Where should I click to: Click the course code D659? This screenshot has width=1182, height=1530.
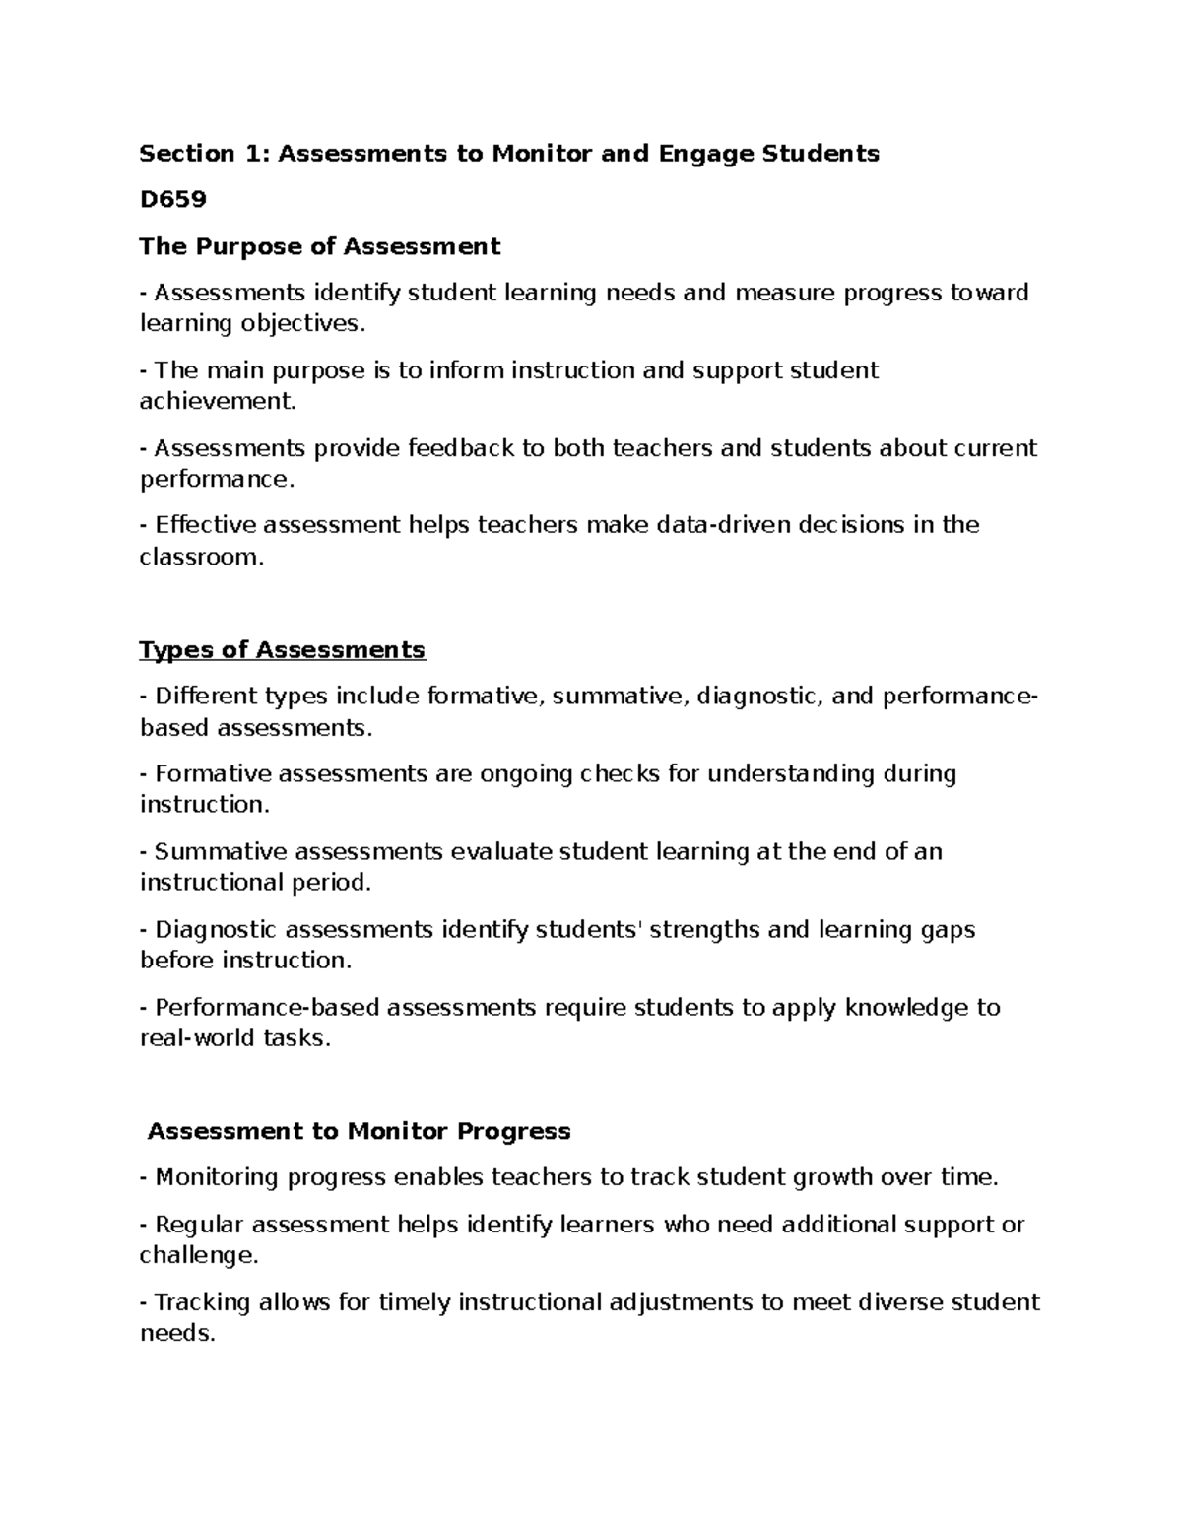[x=173, y=200]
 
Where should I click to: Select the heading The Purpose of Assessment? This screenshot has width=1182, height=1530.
[x=320, y=246]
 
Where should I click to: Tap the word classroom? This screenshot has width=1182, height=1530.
[x=201, y=557]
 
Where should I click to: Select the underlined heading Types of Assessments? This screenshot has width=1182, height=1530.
[x=283, y=650]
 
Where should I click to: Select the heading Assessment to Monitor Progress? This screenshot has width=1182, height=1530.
[x=359, y=1131]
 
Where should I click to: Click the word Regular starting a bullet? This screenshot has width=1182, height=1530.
[x=200, y=1225]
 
